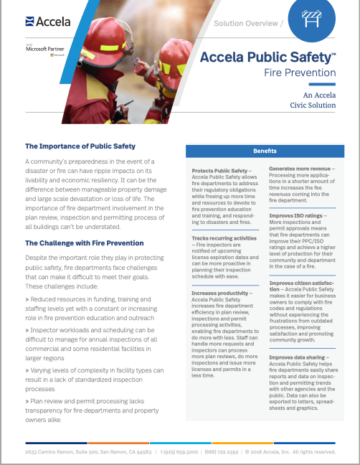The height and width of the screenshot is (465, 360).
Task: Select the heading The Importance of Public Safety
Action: click(82, 147)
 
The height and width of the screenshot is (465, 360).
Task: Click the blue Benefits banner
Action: click(264, 151)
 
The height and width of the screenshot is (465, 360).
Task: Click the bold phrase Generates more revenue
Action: click(301, 169)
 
